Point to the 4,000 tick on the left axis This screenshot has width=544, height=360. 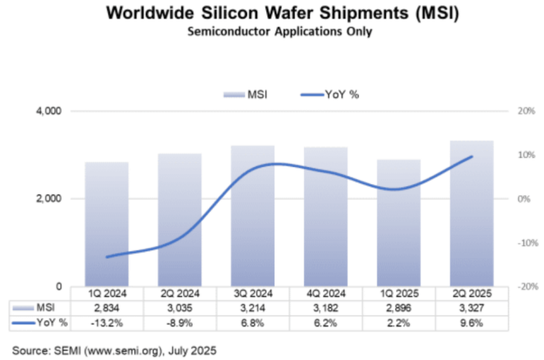[48, 112]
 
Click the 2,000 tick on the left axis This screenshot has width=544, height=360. [48, 199]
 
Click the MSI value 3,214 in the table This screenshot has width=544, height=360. [253, 308]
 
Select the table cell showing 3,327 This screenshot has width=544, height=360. [471, 308]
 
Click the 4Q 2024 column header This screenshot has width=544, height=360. [325, 294]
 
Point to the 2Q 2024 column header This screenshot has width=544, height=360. [180, 294]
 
